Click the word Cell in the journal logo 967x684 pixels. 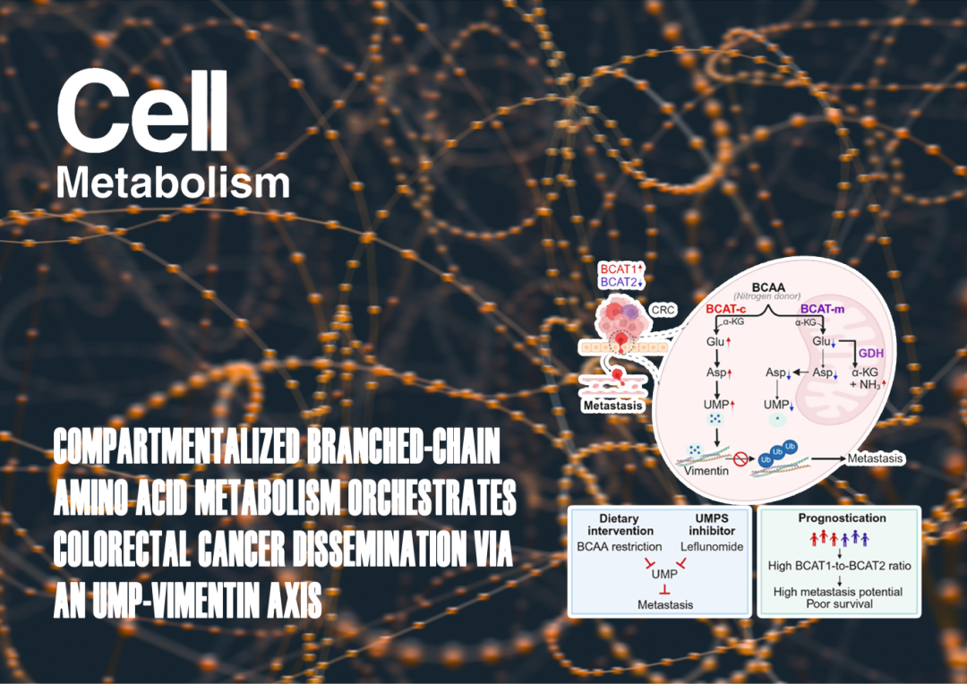(142, 112)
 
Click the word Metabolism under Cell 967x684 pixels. (174, 184)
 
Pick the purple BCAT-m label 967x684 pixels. (822, 308)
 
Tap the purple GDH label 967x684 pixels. (871, 354)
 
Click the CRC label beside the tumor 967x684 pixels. (663, 310)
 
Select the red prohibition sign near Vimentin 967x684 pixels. (740, 458)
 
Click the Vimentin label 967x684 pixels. (706, 471)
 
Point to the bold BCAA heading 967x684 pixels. (768, 287)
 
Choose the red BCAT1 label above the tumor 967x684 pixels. (620, 269)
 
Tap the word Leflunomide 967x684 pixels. (712, 546)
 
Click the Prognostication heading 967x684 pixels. (842, 518)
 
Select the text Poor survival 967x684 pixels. (839, 603)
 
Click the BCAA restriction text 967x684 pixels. (620, 546)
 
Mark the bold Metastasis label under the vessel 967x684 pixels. (613, 406)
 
